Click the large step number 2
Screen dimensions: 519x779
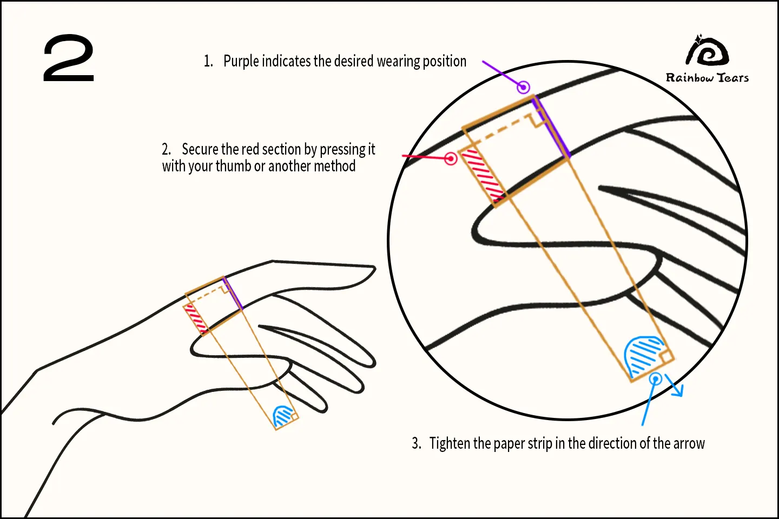(x=69, y=58)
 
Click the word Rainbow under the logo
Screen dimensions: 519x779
(x=690, y=78)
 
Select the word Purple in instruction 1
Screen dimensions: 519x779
(x=241, y=62)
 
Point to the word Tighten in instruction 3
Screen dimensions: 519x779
(x=450, y=444)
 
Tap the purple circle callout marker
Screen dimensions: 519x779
(x=523, y=86)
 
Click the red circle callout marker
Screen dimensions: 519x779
(x=451, y=158)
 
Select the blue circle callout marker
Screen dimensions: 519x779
(x=655, y=379)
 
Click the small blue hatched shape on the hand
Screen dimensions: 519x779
(x=282, y=416)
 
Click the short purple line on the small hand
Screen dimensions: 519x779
(x=233, y=294)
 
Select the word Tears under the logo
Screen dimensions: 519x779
(x=733, y=78)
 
